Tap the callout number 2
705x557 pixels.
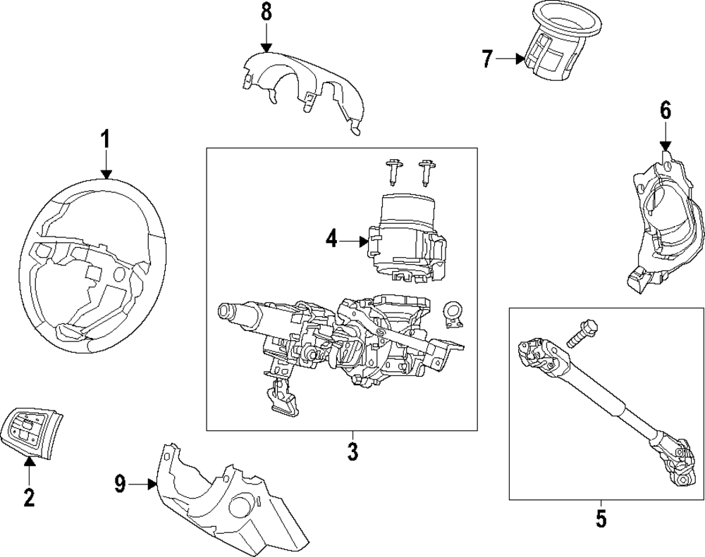pyautogui.click(x=28, y=498)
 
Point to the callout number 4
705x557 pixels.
pyautogui.click(x=332, y=240)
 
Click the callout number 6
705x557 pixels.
pyautogui.click(x=666, y=110)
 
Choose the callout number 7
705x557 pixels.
pyautogui.click(x=487, y=59)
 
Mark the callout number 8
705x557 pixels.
pyautogui.click(x=265, y=12)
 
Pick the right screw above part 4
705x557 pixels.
pyautogui.click(x=425, y=170)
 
